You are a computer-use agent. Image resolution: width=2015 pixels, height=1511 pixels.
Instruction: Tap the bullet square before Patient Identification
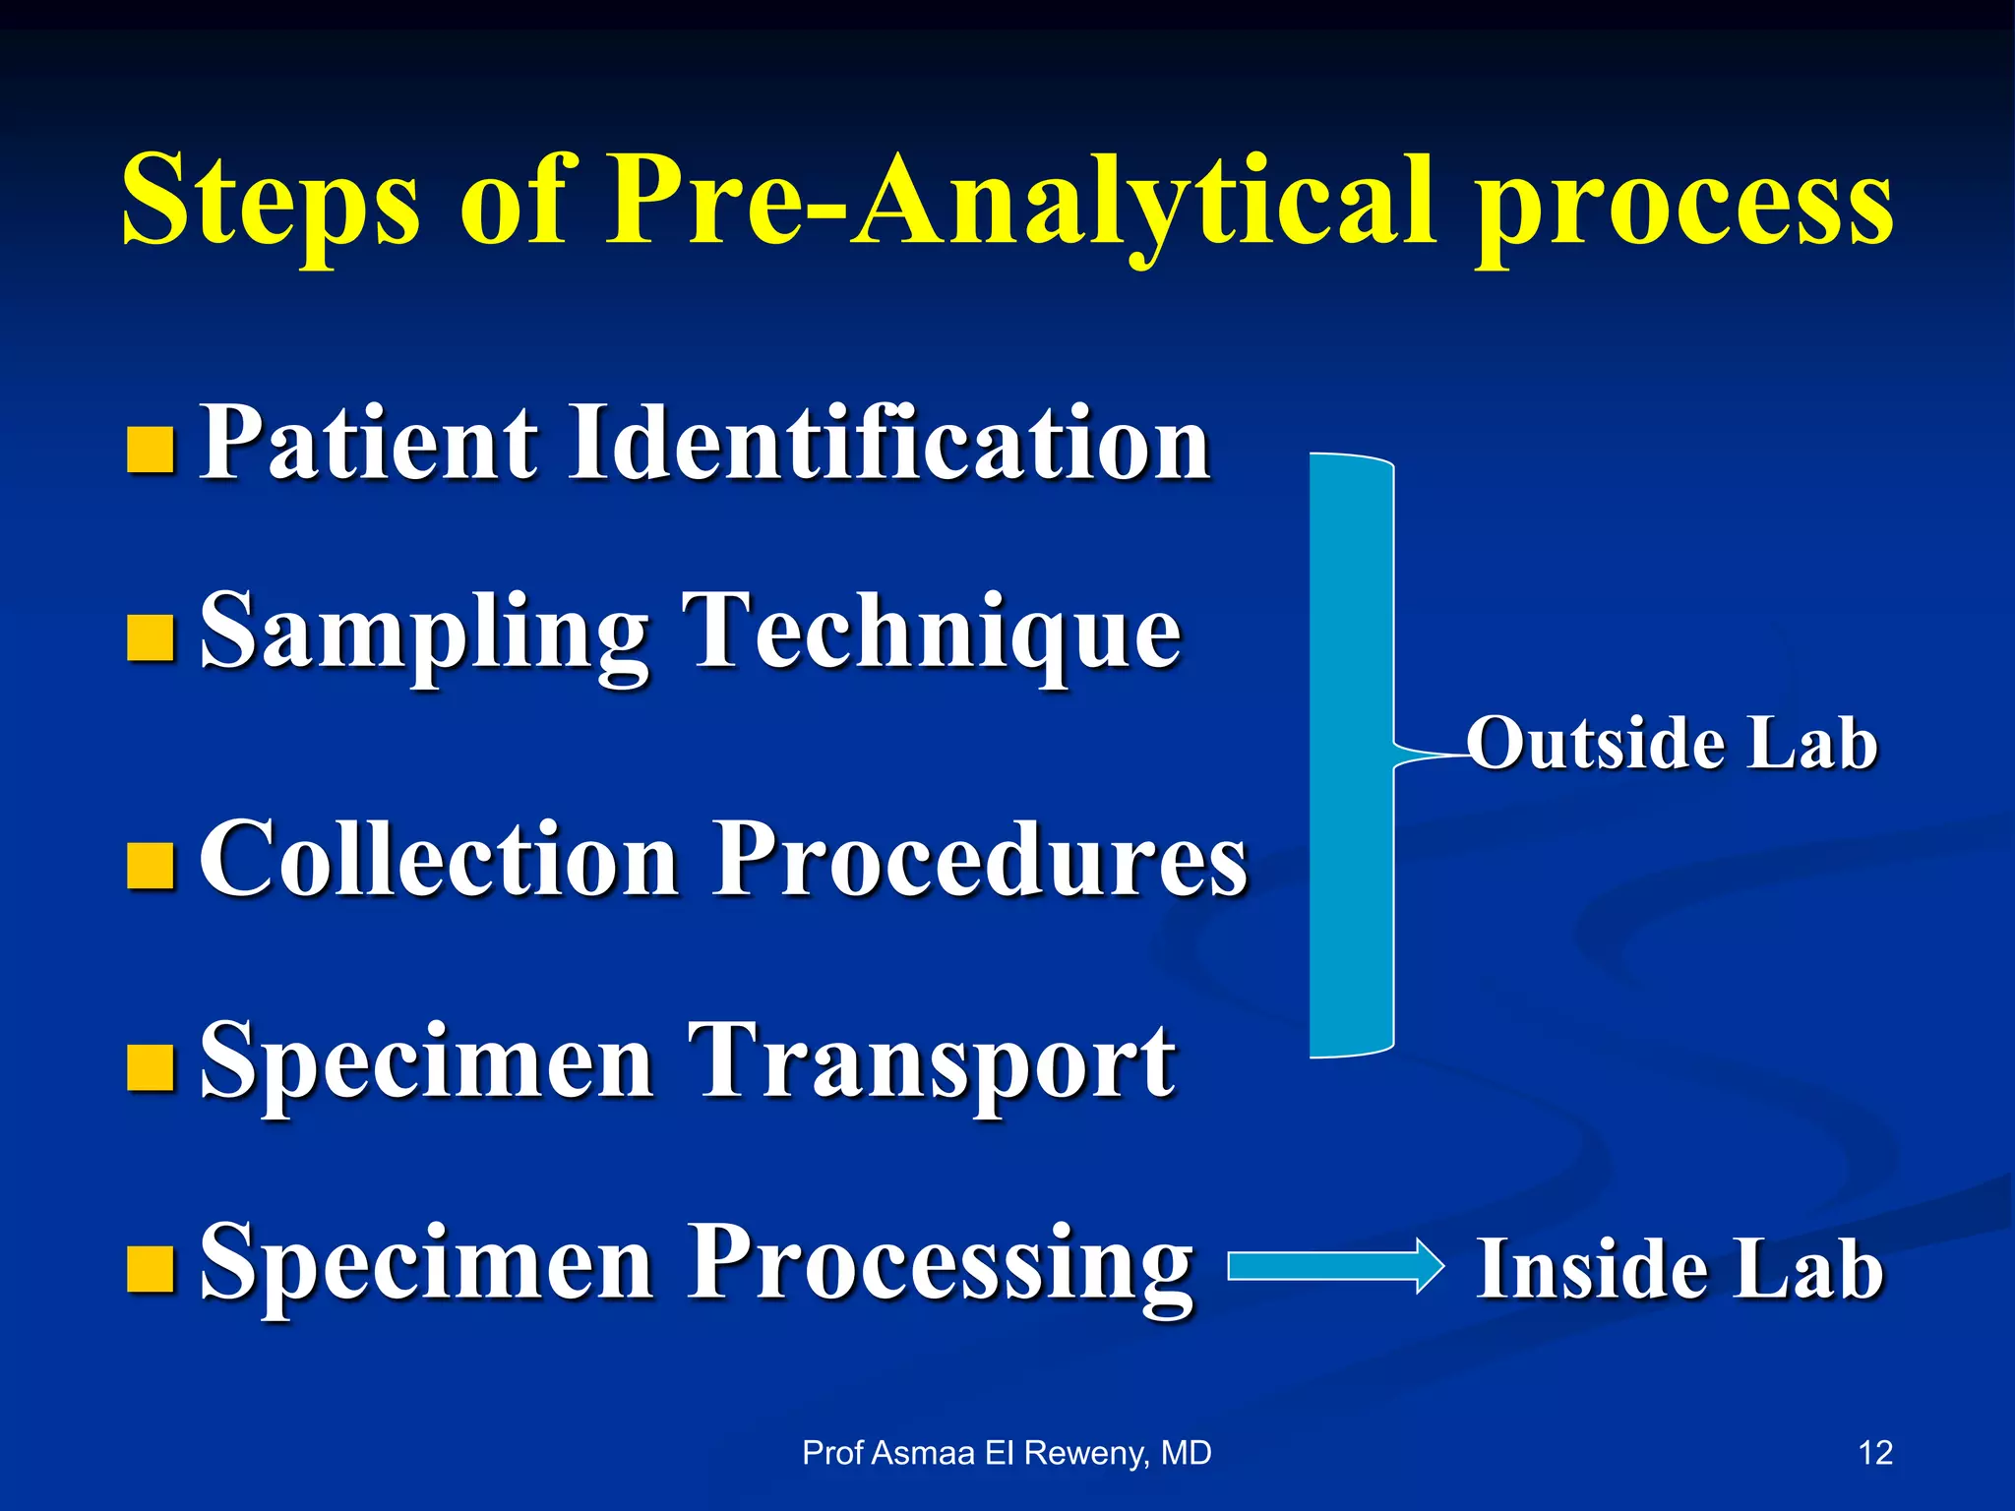pyautogui.click(x=152, y=450)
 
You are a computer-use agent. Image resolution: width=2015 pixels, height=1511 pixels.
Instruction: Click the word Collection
pyautogui.click(x=439, y=858)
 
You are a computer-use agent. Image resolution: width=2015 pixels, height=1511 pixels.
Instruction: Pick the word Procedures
pyautogui.click(x=980, y=858)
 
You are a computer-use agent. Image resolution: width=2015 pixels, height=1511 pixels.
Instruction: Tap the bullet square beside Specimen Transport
pyautogui.click(x=152, y=1069)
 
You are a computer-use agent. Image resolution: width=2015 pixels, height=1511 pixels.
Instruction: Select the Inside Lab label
pyautogui.click(x=1679, y=1269)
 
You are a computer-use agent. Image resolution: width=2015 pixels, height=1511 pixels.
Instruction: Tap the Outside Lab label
pyautogui.click(x=1673, y=743)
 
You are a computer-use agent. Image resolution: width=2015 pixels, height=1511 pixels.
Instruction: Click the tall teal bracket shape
pyautogui.click(x=1351, y=755)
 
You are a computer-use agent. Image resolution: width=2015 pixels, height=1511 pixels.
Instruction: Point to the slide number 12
pyautogui.click(x=1875, y=1453)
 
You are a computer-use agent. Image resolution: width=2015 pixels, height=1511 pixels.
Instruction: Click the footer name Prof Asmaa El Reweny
pyautogui.click(x=1007, y=1453)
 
